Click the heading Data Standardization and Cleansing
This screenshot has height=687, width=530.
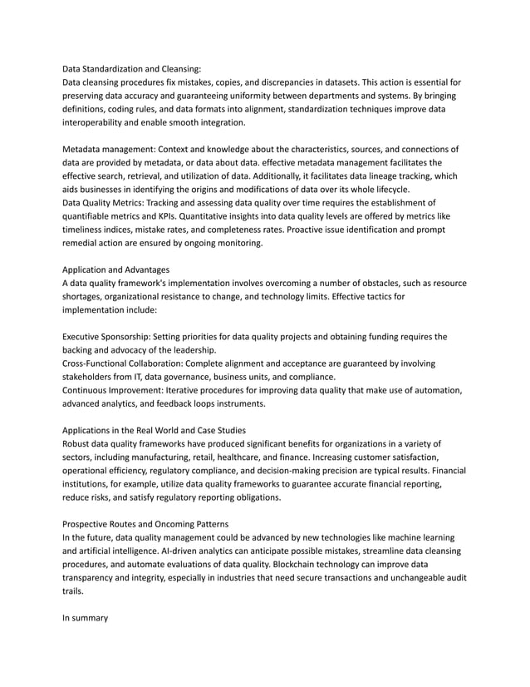pyautogui.click(x=132, y=69)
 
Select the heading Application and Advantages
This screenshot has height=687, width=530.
pyautogui.click(x=116, y=269)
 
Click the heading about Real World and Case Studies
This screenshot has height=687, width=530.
pyautogui.click(x=155, y=430)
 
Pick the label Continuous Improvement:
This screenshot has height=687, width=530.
pyautogui.click(x=114, y=390)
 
